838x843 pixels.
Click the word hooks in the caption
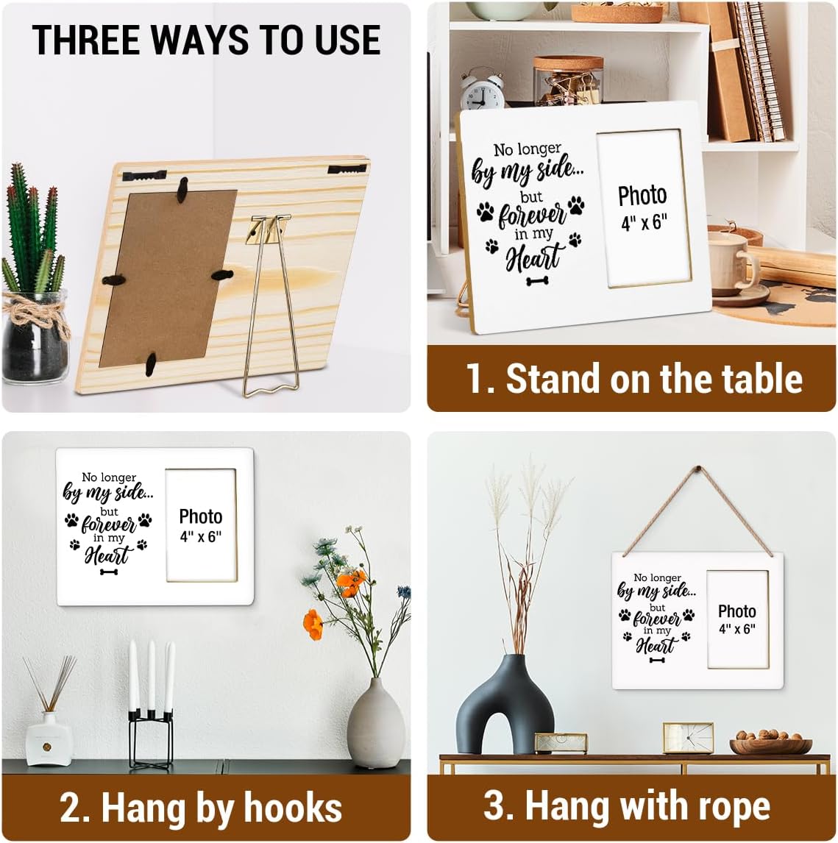[x=293, y=808]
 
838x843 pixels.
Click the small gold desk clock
[x=688, y=738]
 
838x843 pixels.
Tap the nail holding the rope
[x=698, y=469]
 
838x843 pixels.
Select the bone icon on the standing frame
[x=537, y=281]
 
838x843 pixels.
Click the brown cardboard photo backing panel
[x=168, y=277]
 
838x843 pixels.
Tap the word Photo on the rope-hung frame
[x=737, y=611]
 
